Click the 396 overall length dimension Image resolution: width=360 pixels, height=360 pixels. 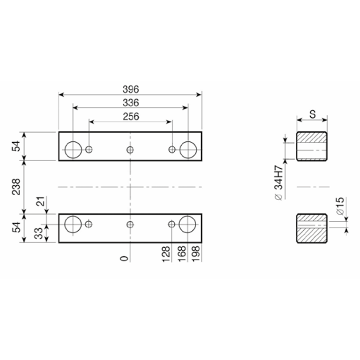131,89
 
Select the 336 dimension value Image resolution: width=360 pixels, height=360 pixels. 131,103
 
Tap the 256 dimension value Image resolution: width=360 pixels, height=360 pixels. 131,117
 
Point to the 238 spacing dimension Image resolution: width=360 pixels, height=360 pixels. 16,187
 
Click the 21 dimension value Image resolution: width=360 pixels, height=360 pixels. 41,202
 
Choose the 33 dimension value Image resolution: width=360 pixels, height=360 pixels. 39,233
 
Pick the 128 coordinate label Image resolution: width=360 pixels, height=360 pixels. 166,254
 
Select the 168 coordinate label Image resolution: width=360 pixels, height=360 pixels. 182,254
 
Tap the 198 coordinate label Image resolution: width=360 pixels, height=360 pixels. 196,254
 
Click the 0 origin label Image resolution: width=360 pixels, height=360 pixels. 124,258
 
